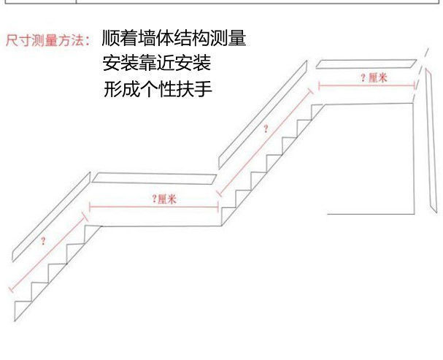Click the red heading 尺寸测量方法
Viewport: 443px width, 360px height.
[49, 39]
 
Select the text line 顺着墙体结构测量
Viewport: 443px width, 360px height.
[174, 38]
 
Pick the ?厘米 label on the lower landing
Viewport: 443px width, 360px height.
[164, 199]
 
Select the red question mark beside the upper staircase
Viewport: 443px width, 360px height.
[266, 129]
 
